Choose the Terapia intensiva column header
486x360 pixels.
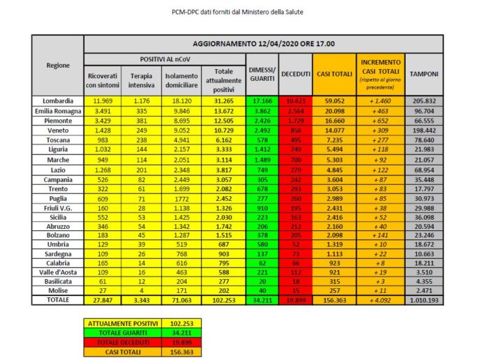coord(142,80)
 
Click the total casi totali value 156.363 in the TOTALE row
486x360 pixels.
coord(332,299)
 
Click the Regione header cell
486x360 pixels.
coord(58,65)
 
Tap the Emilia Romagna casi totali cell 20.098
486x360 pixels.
coord(332,110)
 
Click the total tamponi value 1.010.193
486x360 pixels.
coord(425,299)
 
